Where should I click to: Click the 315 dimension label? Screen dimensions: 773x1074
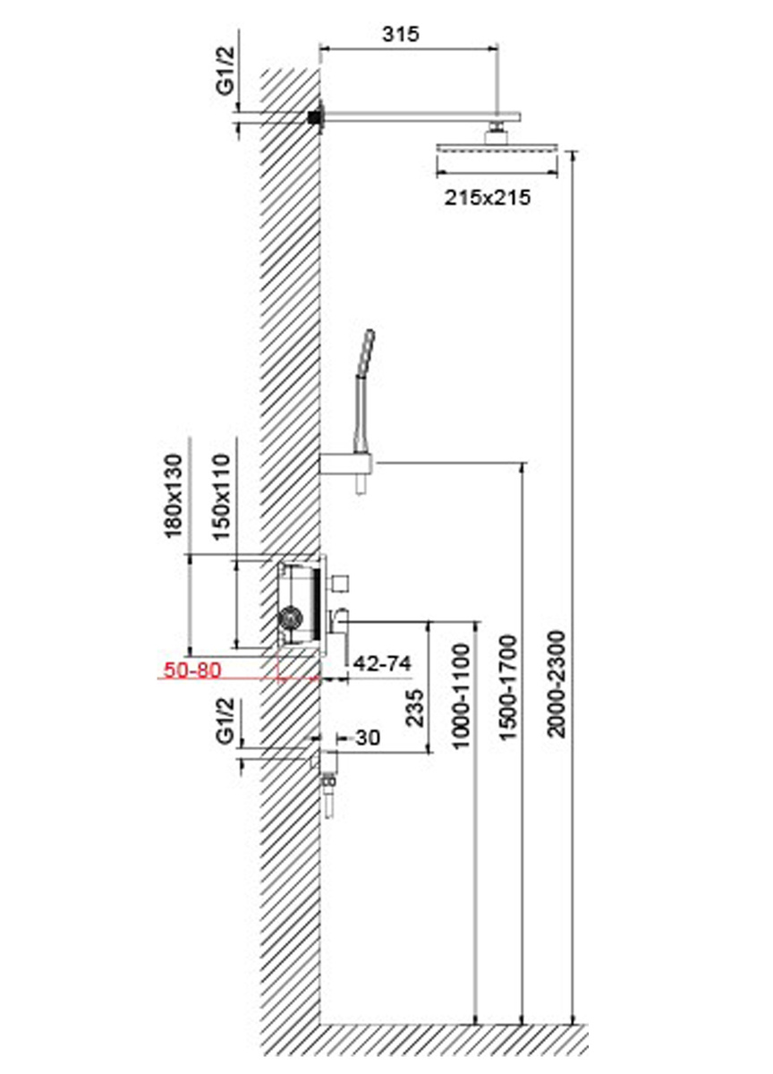click(400, 34)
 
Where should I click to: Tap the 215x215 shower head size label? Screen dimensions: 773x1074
click(488, 198)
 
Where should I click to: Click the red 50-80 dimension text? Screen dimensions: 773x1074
click(192, 669)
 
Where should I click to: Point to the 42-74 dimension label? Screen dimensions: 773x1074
click(382, 663)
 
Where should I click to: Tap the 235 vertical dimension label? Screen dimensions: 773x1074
click(415, 708)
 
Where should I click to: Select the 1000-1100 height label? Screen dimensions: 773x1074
click(462, 696)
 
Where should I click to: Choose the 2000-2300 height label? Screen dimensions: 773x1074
click(556, 684)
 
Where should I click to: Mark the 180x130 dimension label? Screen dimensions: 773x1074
click(174, 496)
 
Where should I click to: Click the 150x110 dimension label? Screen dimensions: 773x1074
click(221, 498)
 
